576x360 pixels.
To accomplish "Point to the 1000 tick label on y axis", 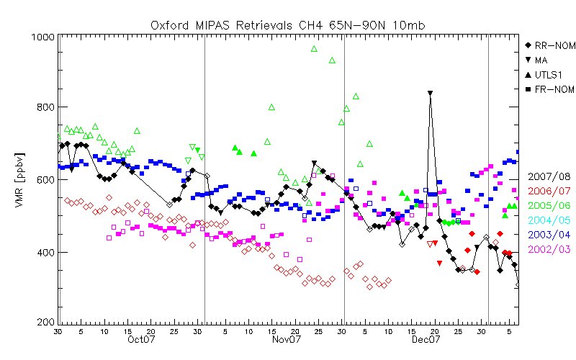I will pyautogui.click(x=41, y=37).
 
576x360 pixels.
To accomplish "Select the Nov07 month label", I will pyautogui.click(x=285, y=340).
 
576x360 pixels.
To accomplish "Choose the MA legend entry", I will pyautogui.click(x=541, y=60).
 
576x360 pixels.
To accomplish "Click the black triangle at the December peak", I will pyautogui.click(x=431, y=94).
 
